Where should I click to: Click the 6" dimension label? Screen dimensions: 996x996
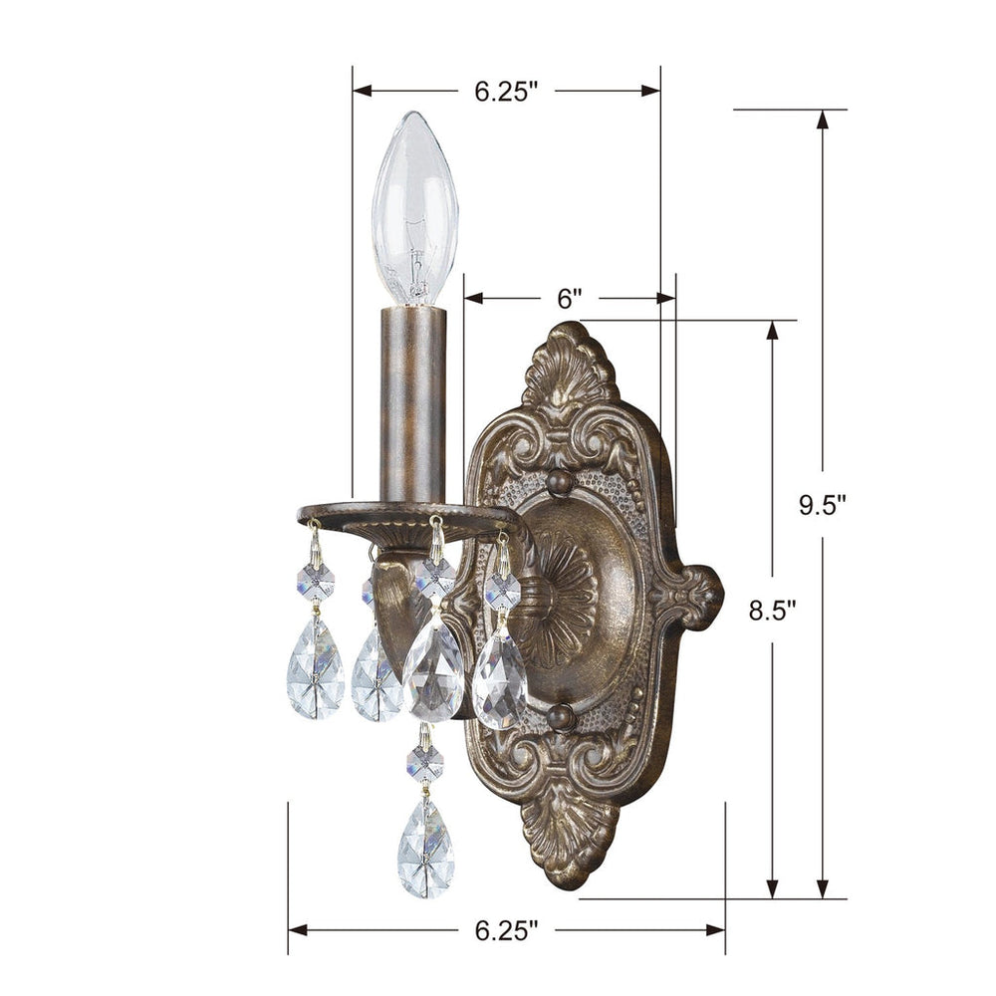tap(569, 298)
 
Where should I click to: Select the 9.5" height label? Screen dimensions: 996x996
tap(822, 504)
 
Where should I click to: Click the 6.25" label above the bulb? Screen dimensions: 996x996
tap(506, 92)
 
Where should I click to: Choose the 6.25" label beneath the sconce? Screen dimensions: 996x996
tap(506, 930)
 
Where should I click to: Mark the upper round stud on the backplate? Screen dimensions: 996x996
tap(560, 483)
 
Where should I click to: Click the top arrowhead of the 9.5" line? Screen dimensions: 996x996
tap(822, 119)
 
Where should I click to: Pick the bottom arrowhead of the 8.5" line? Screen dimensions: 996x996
tap(773, 889)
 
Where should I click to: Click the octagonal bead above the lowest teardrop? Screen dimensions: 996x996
tap(425, 764)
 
